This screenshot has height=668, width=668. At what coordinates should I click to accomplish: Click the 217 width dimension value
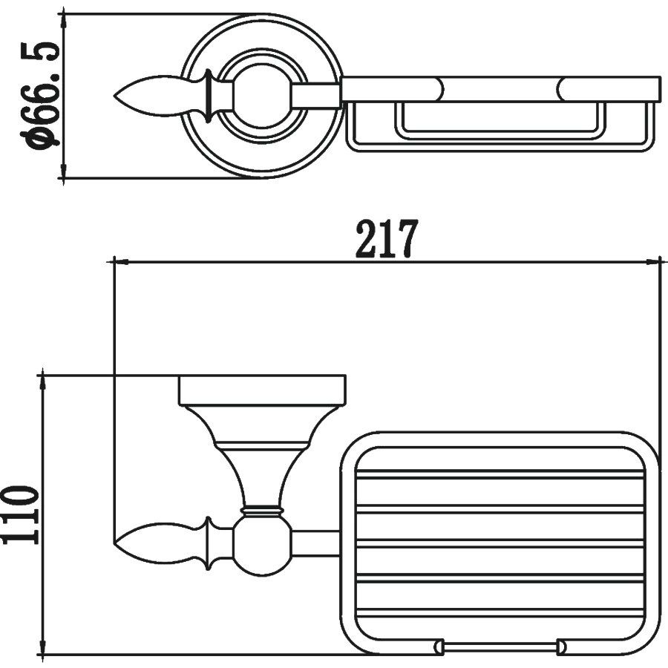coord(384,238)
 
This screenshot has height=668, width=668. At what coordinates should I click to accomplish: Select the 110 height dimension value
coord(21,514)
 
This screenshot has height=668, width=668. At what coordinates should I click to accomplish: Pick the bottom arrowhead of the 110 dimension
coord(42,646)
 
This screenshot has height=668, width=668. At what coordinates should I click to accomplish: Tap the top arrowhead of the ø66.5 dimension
coord(64,22)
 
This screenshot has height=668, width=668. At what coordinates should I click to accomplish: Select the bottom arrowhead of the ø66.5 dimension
coord(64,170)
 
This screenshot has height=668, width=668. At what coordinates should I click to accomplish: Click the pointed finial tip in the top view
coord(114,96)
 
